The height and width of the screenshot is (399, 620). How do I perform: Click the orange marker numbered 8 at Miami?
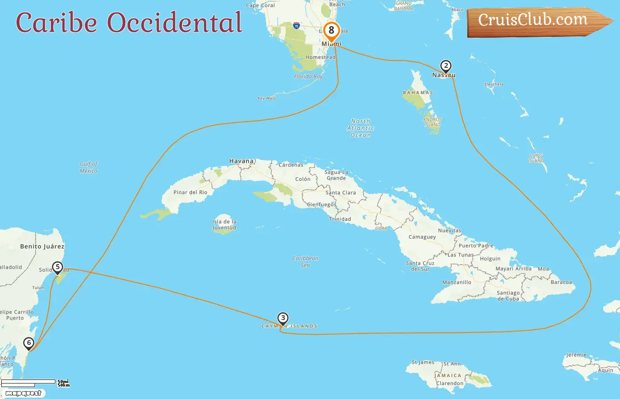coord(331,31)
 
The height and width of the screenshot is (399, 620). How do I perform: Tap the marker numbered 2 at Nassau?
coord(446,66)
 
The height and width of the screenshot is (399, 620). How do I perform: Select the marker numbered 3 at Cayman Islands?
coord(283,318)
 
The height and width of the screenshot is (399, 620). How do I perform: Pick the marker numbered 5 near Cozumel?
coord(57,267)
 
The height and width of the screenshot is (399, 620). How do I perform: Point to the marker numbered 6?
coord(29,343)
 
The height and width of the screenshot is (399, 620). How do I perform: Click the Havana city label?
coord(241,161)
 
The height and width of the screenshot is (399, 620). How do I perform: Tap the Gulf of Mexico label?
coord(89,167)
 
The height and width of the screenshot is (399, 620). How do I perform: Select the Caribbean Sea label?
coord(305,262)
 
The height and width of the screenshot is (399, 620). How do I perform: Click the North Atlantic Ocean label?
coord(360,128)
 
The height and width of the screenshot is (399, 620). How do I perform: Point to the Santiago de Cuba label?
coord(508,296)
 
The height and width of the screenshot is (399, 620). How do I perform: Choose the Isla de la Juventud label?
coord(224,225)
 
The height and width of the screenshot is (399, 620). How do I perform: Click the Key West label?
coord(267,98)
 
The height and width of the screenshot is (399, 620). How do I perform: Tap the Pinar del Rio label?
coord(190,192)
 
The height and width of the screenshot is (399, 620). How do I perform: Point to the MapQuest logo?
coord(23,393)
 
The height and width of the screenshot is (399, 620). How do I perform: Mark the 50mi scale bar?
coord(28,381)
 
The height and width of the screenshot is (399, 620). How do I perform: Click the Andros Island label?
coord(432,122)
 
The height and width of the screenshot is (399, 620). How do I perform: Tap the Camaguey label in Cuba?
coord(422,237)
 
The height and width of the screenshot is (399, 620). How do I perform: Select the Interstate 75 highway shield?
coord(296,26)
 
